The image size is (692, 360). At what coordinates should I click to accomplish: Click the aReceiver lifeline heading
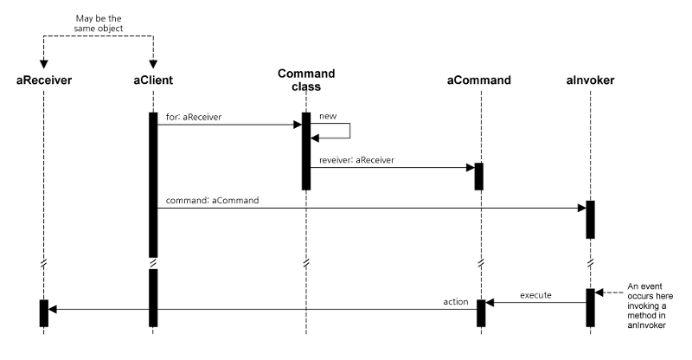(44, 80)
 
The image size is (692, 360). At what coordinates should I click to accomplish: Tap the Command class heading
(306, 80)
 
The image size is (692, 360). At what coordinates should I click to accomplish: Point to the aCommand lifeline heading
(478, 80)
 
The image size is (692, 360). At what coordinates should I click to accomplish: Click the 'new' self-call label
(328, 115)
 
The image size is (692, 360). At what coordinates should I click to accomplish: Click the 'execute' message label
(537, 295)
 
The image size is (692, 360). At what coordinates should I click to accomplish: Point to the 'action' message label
(456, 302)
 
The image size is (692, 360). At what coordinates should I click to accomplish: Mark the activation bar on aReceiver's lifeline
(44, 312)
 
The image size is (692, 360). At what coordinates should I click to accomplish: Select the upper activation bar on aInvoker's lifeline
(590, 219)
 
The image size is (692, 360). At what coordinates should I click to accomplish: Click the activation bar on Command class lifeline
(306, 151)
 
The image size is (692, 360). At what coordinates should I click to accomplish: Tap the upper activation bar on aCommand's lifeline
(478, 176)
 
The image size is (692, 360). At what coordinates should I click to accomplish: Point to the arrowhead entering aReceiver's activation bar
(53, 308)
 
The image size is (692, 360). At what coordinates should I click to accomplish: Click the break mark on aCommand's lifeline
(479, 262)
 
